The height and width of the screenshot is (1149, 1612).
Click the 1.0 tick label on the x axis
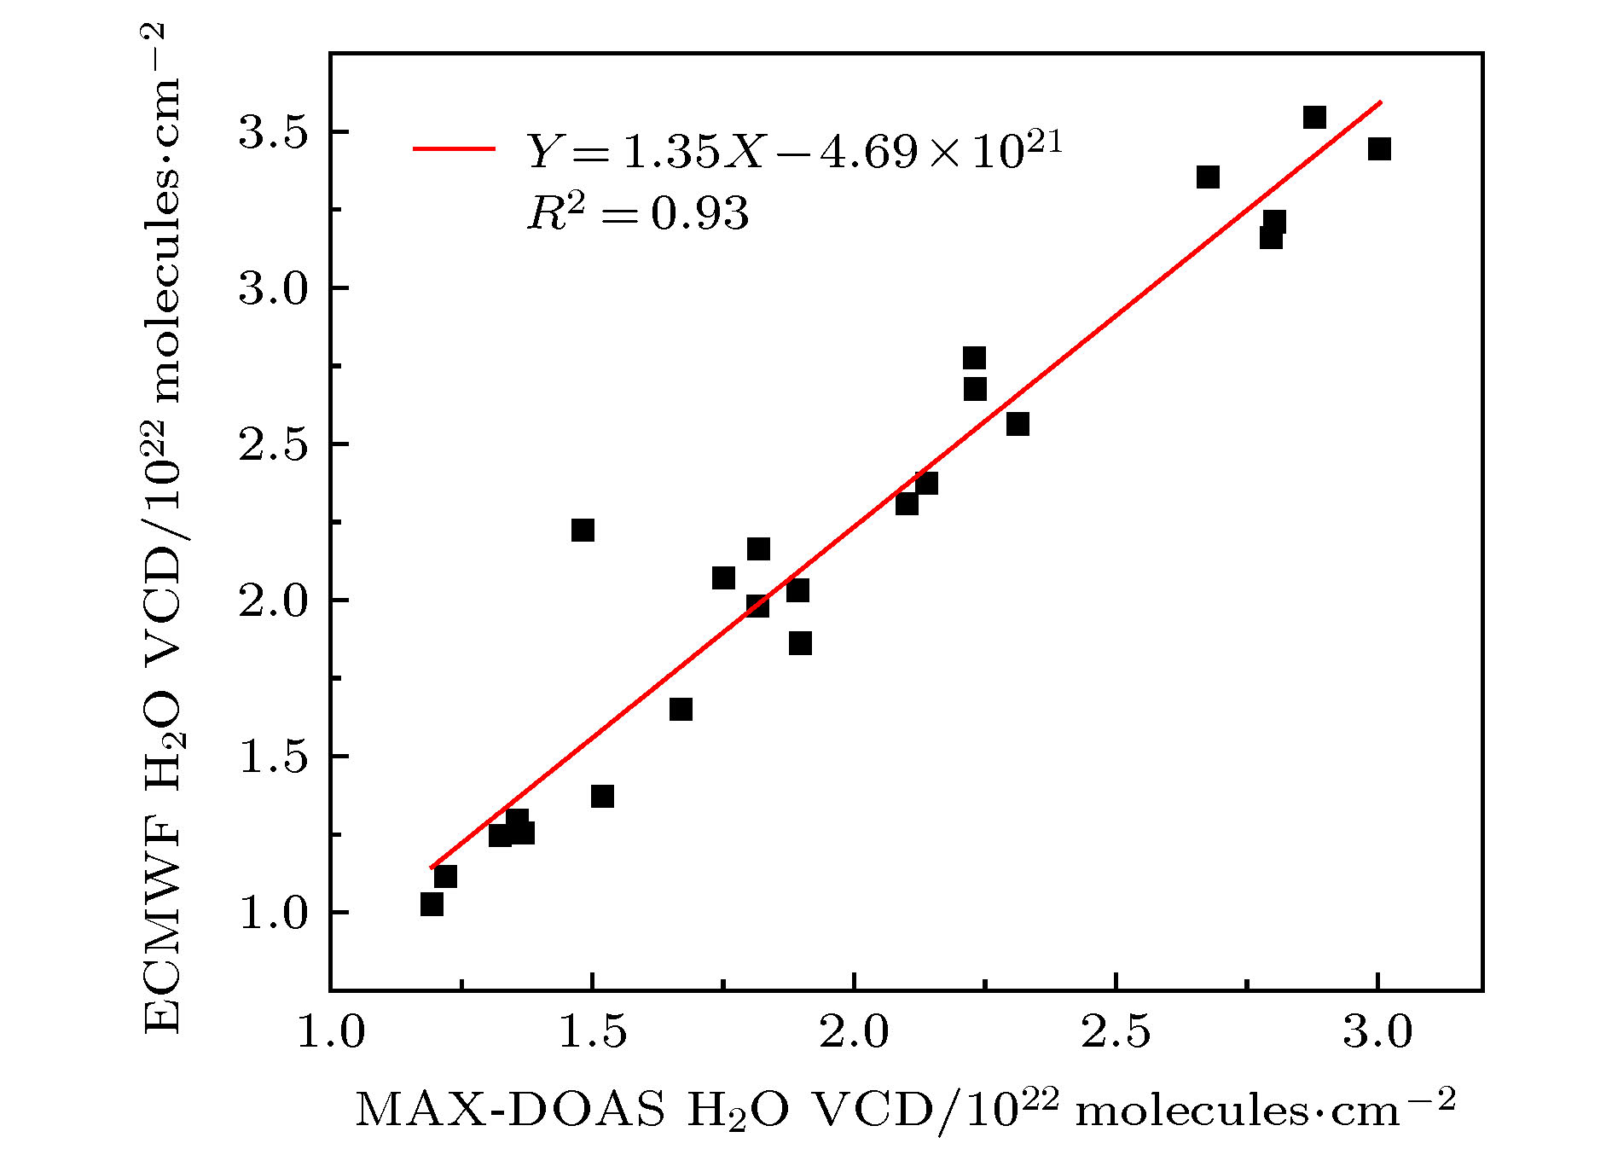(331, 1032)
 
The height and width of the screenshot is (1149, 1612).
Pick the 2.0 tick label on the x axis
(854, 1032)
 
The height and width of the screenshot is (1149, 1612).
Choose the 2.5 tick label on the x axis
(1116, 1032)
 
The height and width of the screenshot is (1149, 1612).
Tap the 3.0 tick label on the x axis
(1377, 1032)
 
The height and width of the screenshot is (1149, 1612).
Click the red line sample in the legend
(454, 148)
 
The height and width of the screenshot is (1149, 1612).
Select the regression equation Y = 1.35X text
(793, 150)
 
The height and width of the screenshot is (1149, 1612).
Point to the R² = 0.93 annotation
(638, 212)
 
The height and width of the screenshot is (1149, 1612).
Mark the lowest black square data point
(432, 904)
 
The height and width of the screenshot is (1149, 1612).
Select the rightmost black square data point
(1379, 149)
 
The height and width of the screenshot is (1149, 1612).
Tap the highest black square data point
(1314, 117)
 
